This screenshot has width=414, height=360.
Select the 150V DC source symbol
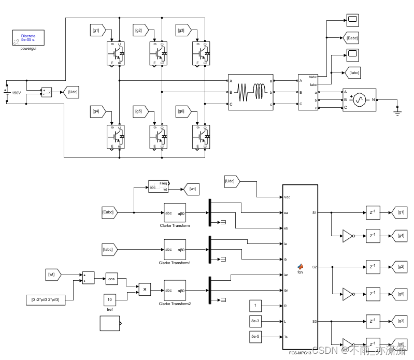click(7, 93)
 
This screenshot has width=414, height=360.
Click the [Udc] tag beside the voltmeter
click(71, 92)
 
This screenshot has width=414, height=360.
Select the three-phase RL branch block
click(251, 92)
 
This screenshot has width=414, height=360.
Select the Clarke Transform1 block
click(175, 249)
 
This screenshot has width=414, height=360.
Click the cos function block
click(112, 279)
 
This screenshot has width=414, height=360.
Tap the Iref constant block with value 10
click(109, 299)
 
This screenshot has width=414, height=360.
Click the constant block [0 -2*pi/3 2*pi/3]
click(46, 300)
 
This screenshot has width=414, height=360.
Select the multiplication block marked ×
click(145, 289)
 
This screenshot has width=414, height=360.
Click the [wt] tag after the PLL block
click(192, 189)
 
